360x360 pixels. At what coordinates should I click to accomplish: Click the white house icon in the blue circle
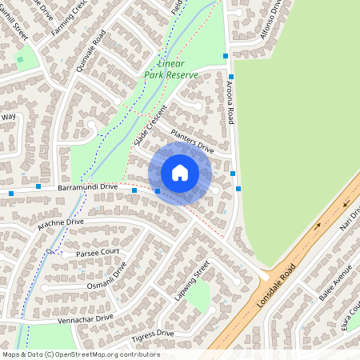(x=180, y=173)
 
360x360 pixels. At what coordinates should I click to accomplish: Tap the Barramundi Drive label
(x=86, y=186)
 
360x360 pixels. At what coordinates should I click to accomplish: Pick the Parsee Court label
(x=98, y=252)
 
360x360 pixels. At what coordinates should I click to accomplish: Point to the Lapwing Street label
(x=192, y=281)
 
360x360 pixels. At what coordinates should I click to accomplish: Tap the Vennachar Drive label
(x=88, y=318)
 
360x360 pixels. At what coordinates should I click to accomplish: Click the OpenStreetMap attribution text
(x=81, y=354)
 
